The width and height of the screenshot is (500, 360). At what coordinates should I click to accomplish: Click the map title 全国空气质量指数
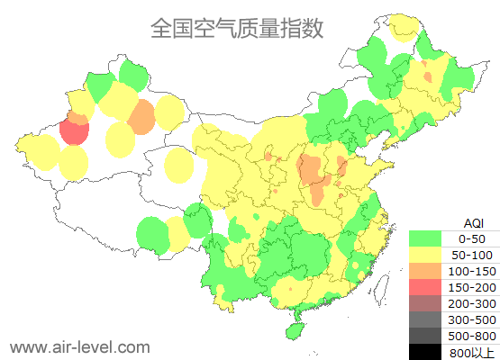[x=237, y=29]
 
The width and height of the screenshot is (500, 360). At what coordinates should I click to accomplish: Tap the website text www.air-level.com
[x=80, y=346]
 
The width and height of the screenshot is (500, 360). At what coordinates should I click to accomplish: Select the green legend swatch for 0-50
[x=425, y=238]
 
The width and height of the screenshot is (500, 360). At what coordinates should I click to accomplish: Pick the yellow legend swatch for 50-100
[x=425, y=255]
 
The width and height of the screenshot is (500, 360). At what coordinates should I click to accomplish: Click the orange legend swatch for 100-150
[x=425, y=271]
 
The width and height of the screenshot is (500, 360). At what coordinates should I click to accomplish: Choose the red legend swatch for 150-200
[x=425, y=287]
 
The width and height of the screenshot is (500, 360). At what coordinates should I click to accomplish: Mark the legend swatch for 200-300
[x=425, y=303]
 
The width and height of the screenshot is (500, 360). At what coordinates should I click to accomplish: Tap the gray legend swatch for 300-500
[x=425, y=319]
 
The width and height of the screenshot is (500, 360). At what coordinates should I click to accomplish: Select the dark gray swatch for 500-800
[x=425, y=336]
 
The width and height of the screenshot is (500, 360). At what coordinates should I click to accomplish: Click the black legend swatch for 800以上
[x=425, y=351]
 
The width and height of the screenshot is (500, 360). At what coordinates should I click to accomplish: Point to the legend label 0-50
[x=472, y=238]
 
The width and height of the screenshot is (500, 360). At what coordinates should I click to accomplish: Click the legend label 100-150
[x=472, y=271]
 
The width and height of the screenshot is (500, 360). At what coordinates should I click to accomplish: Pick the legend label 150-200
[x=472, y=287]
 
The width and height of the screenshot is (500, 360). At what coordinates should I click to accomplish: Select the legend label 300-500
[x=472, y=319]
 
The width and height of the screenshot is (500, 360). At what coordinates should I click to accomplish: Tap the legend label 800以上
[x=472, y=352]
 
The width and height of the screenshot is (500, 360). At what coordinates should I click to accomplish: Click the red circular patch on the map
[x=74, y=132]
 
